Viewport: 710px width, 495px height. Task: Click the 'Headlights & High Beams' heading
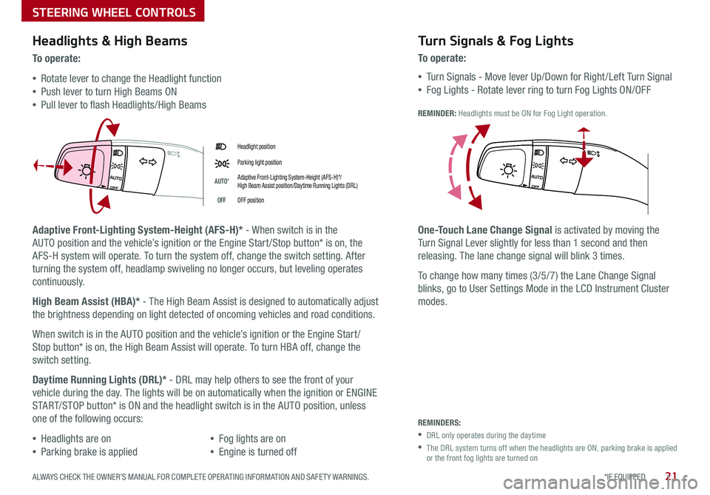[x=109, y=41]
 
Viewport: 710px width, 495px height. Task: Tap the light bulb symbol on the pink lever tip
[x=87, y=169]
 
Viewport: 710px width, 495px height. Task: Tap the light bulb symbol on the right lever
[x=508, y=169]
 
